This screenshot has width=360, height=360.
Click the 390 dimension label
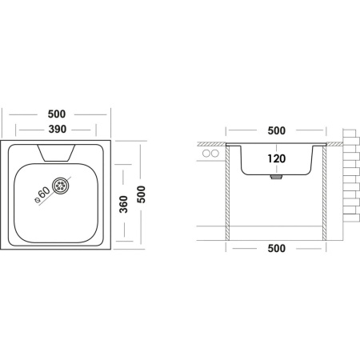(58, 130)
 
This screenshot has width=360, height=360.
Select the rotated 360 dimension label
(123, 204)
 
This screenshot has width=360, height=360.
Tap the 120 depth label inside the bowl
(277, 158)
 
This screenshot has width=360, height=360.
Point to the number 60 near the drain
(44, 192)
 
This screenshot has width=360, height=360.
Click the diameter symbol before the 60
(37, 201)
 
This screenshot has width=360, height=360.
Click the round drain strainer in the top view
(61, 186)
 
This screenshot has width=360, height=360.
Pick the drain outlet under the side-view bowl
(276, 177)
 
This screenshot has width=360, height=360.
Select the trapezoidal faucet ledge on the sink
(56, 153)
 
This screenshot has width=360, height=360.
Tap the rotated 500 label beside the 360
(142, 194)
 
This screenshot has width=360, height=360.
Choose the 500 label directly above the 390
(57, 114)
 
